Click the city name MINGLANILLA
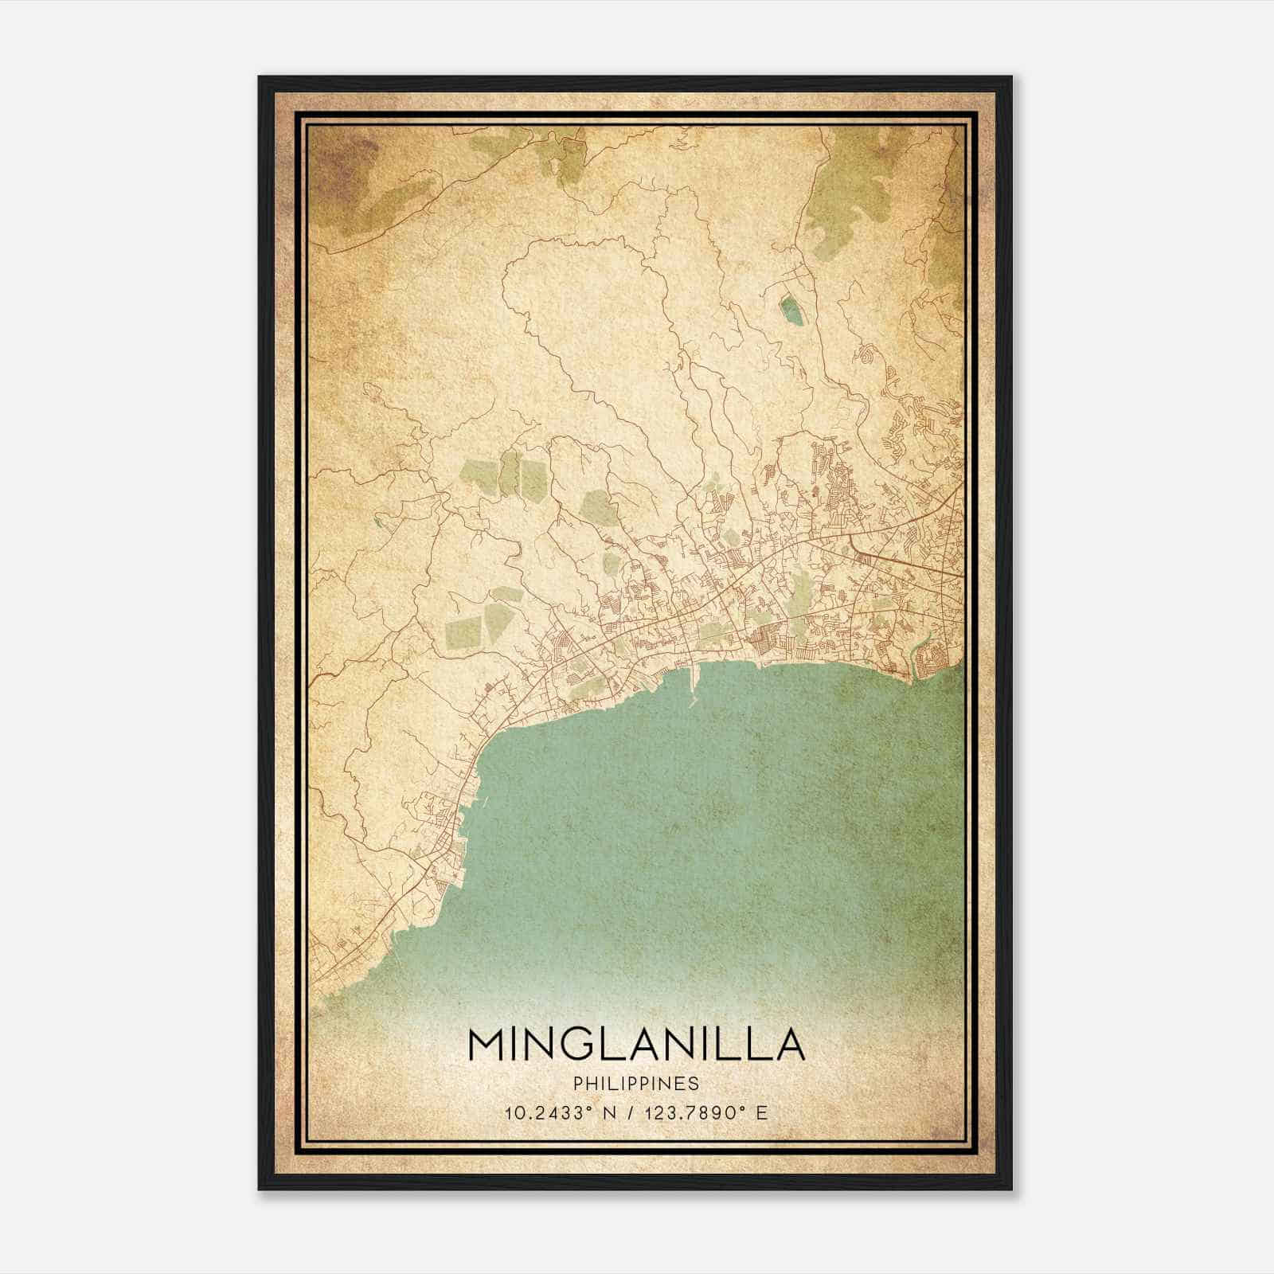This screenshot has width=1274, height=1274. tap(636, 1045)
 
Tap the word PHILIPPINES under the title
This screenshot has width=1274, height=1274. tap(636, 1084)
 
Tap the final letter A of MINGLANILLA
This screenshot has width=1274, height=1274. tap(788, 1045)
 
